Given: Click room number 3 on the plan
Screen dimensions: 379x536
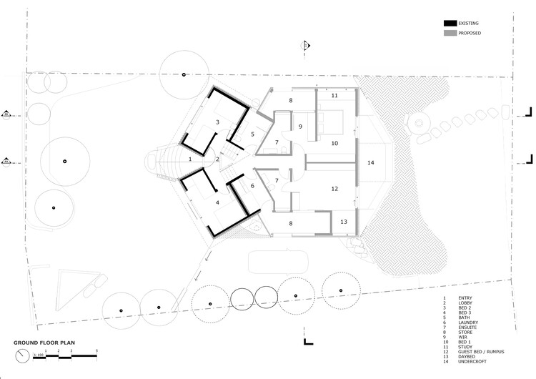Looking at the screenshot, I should click(217, 122).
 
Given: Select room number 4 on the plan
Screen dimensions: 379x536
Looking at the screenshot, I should click(217, 202).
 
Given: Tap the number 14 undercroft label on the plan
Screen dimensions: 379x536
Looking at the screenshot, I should click(370, 163).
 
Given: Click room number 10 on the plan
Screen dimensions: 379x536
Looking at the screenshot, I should click(334, 144).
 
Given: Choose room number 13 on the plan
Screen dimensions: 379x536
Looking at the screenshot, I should click(344, 222).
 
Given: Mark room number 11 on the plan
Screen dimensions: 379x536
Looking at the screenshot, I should click(334, 95).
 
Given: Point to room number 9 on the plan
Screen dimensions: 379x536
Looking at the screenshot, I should click(300, 127).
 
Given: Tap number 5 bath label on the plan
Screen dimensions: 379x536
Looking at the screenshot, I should click(252, 134).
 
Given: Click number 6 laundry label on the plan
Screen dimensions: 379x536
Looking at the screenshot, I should click(252, 186).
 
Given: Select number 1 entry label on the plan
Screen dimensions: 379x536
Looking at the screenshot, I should click(189, 158).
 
